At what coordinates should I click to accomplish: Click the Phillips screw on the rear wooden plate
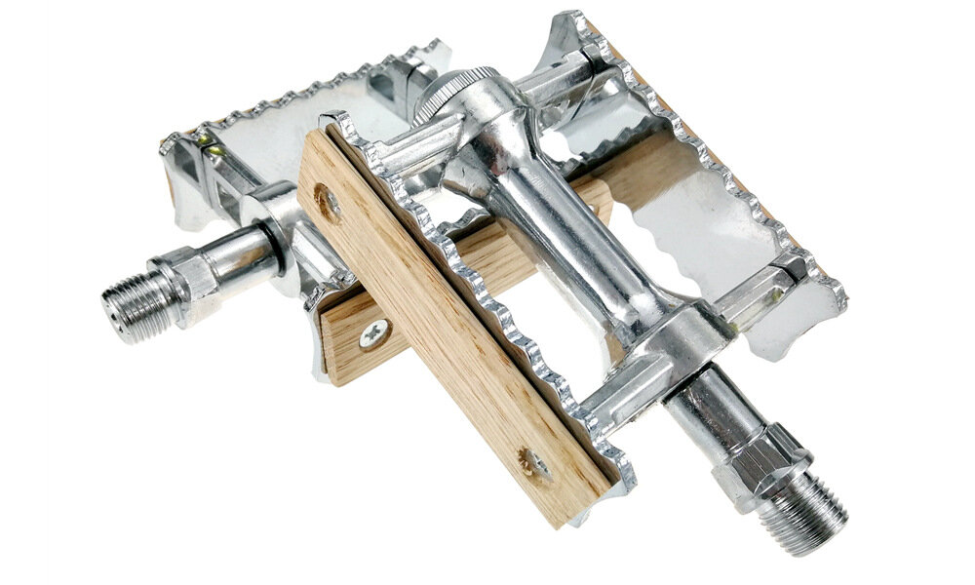tap(372, 334)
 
